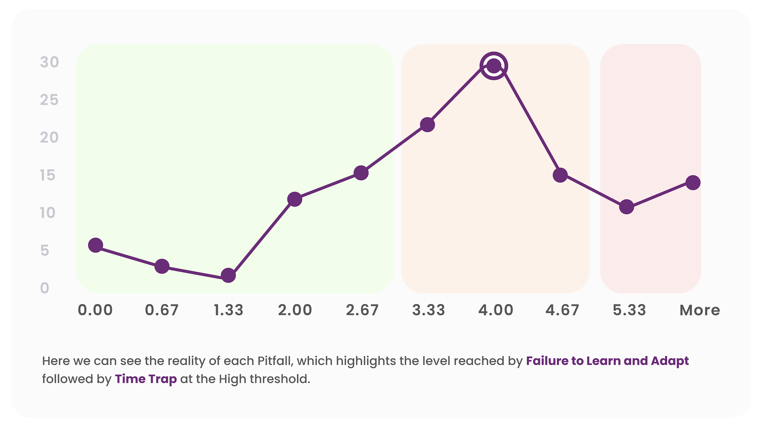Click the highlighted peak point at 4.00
click(494, 66)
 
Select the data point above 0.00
click(95, 245)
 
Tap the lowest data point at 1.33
click(228, 275)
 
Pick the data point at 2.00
click(294, 199)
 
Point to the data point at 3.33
click(427, 125)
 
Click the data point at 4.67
click(560, 175)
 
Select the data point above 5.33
click(626, 207)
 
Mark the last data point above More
click(693, 182)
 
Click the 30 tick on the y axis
click(49, 62)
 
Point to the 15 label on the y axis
click(48, 175)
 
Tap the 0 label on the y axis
click(45, 288)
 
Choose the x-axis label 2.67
click(362, 310)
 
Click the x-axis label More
click(699, 310)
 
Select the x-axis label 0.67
click(162, 310)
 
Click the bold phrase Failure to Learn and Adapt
click(607, 361)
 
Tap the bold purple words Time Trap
click(146, 379)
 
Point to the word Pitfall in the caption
click(274, 361)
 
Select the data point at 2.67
click(361, 173)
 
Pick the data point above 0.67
click(162, 266)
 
